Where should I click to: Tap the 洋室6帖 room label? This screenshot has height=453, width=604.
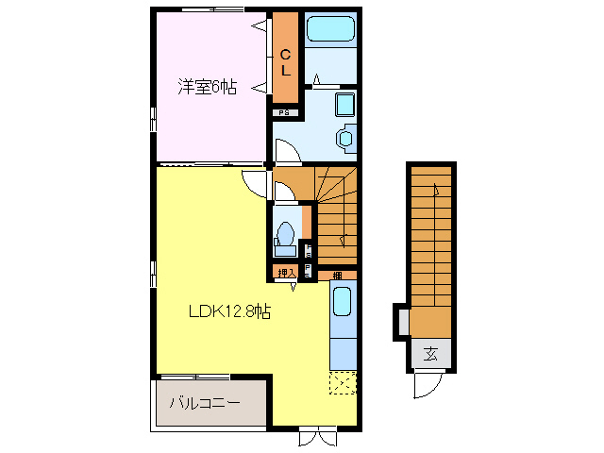coord(208,87)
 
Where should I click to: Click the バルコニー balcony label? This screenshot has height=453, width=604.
coord(204,403)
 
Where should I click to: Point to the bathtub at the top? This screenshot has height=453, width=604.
coord(330,28)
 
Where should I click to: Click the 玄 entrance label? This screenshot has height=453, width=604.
coord(430,355)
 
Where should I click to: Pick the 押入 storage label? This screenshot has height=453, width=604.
coord(286,274)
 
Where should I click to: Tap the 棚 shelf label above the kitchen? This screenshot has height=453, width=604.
coord(337,274)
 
